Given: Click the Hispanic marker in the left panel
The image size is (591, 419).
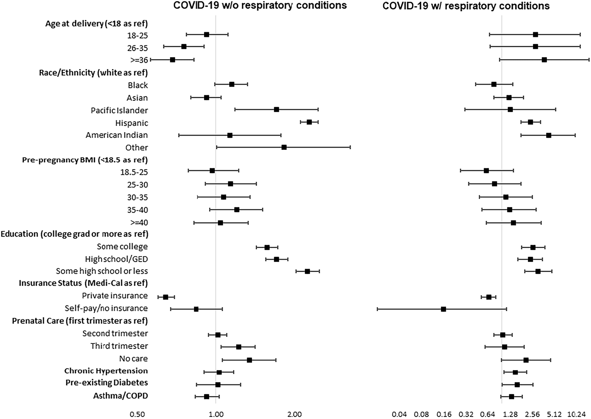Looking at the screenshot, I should tap(309, 122).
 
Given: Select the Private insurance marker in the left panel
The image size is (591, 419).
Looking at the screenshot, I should tap(165, 297).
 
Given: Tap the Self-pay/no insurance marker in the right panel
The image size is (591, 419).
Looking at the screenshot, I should tap(443, 309).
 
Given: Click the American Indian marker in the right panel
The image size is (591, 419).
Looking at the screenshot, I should tap(548, 135).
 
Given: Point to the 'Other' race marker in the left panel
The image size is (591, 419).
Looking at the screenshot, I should tap(284, 147).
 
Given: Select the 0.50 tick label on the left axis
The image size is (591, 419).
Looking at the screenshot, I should tap(137, 414).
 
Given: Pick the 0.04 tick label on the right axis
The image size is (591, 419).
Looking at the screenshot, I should tap(399, 414).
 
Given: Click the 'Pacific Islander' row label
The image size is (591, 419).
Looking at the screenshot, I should tap(119, 110).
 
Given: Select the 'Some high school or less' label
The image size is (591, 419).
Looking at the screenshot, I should tap(102, 271).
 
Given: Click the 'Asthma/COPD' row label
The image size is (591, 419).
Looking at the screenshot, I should tap(121, 396).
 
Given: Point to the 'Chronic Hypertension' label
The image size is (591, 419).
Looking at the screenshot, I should tap(106, 371).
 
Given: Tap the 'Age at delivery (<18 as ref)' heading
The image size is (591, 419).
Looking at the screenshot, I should tap(97, 24).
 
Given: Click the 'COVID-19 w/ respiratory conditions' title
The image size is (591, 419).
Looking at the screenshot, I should tap(466, 6).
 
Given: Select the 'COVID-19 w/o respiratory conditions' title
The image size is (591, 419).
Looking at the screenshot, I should tap(260, 6).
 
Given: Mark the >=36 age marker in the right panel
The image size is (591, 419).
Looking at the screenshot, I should tap(544, 59).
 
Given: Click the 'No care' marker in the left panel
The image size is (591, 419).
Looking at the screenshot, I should tap(249, 360).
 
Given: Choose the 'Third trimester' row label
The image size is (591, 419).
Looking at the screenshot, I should tap(119, 346).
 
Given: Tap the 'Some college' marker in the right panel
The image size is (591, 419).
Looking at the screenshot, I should tap(533, 247).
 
